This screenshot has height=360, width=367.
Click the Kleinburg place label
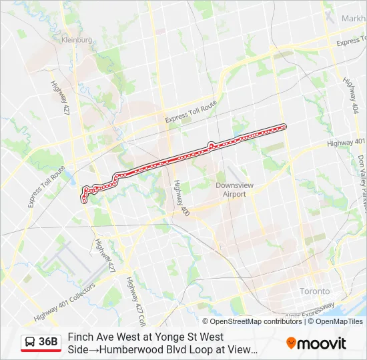[77, 40]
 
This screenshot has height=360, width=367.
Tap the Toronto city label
[314, 291]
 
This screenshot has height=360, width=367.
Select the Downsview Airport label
[231, 189]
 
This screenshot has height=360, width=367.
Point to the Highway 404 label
[351, 93]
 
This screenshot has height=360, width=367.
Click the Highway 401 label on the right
[346, 143]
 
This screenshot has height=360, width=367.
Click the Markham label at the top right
[353, 19]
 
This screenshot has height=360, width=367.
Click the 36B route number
[49, 342]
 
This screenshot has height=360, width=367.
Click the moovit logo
[316, 343]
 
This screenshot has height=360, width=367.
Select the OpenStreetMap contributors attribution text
[247, 321]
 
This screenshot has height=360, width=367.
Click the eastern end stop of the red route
[284, 126]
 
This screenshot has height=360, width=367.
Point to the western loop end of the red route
[84, 197]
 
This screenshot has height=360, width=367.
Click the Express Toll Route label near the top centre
[191, 112]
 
